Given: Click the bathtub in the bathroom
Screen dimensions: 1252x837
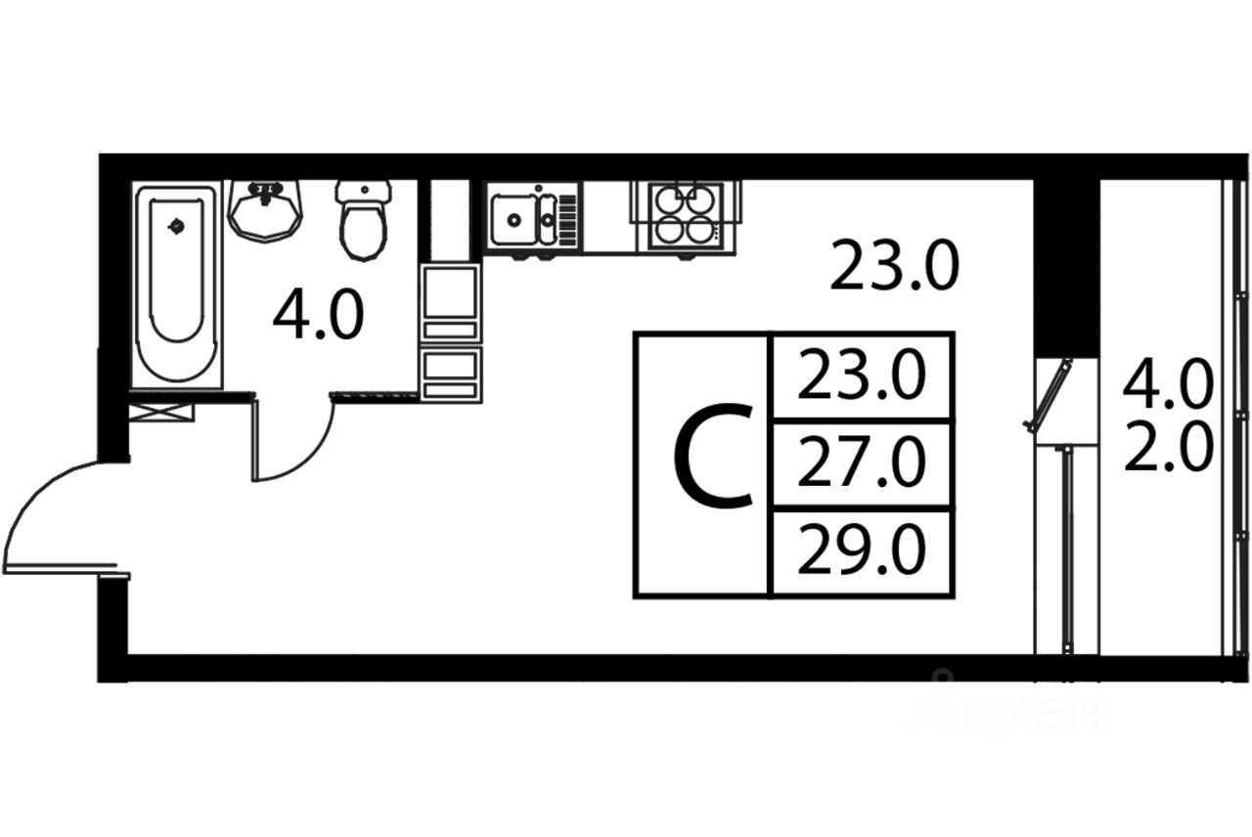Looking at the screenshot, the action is click(177, 285).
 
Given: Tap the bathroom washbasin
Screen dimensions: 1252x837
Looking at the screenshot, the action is click(265, 210).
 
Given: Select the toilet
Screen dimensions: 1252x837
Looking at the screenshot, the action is click(363, 220).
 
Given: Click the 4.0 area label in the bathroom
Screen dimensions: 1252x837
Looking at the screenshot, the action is click(318, 314).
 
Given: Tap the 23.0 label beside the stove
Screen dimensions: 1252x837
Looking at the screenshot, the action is click(894, 265).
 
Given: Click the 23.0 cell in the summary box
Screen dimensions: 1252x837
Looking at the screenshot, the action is click(862, 374).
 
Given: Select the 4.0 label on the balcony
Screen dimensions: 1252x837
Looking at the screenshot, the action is click(1169, 384).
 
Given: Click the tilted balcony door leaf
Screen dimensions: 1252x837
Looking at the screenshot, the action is click(1048, 396).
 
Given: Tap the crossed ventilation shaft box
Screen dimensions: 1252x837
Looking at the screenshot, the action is click(161, 413).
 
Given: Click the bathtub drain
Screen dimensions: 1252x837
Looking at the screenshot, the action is click(177, 226).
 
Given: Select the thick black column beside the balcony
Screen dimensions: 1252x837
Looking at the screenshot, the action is click(1066, 268).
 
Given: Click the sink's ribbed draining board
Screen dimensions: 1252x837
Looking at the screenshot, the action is click(566, 219).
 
